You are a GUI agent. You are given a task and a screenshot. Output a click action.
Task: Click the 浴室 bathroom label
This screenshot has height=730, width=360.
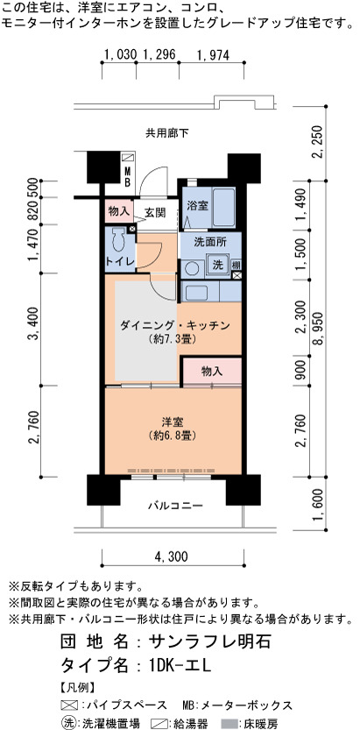pyautogui.click(x=197, y=206)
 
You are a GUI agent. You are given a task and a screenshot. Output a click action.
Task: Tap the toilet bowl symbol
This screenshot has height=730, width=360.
pyautogui.click(x=119, y=241)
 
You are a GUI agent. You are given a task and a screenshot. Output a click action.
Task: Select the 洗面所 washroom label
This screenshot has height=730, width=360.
pyautogui.click(x=204, y=242)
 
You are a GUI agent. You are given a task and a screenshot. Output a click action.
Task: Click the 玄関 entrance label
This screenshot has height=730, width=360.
pyautogui.click(x=154, y=213)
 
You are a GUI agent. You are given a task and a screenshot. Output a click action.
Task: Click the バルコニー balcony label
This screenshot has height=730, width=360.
pyautogui.click(x=175, y=506)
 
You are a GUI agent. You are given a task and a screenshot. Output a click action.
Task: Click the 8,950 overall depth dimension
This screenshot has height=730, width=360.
pyautogui.click(x=319, y=329)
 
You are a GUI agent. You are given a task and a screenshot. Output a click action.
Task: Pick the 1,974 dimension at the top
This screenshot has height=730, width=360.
pyautogui.click(x=213, y=55)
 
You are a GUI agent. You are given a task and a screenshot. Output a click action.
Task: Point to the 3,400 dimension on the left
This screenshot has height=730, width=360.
pyautogui.click(x=34, y=329)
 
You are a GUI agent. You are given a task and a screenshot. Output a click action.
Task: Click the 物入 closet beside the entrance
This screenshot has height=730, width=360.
pyautogui.click(x=118, y=211)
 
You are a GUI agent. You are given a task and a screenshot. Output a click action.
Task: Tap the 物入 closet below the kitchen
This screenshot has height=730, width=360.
pyautogui.click(x=212, y=371)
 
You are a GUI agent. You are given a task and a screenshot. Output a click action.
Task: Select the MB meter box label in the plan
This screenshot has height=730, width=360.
pyautogui.click(x=127, y=177)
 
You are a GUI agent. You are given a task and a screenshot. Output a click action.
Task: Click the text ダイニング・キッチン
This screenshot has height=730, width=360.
pyautogui.click(x=175, y=326)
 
